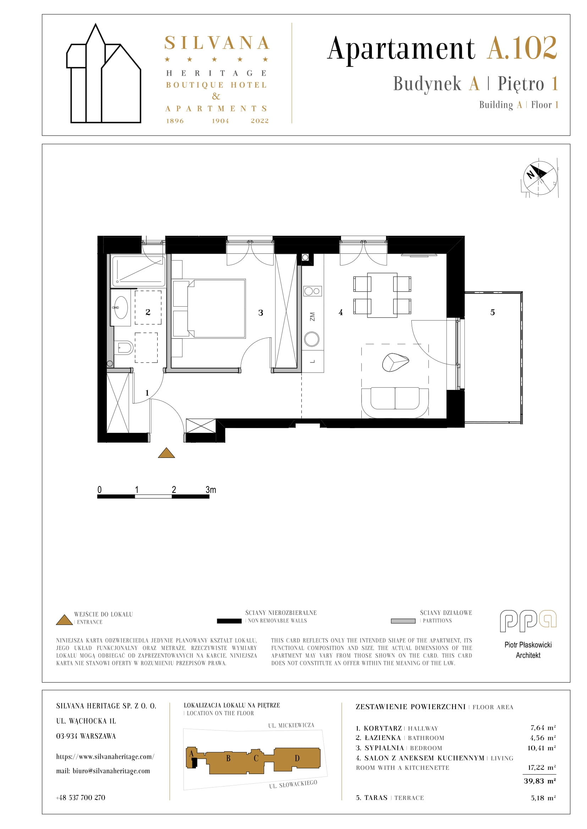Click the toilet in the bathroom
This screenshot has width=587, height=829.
click(124, 348)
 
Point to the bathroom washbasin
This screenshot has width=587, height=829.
click(121, 308)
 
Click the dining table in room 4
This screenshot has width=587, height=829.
click(382, 295)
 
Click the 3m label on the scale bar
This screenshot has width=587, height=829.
click(211, 490)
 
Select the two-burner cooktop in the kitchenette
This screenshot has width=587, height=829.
click(313, 291)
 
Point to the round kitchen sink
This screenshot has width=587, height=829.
click(312, 339)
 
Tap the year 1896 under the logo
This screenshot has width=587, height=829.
click(175, 121)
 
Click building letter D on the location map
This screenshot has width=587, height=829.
click(297, 758)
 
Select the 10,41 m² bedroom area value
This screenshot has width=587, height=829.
click(542, 748)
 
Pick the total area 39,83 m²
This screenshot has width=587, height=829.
click(540, 781)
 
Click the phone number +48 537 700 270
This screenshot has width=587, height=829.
click(81, 797)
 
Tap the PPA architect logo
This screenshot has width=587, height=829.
click(528, 621)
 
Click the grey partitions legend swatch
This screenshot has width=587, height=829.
click(403, 621)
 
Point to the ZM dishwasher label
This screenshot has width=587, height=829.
click(312, 317)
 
